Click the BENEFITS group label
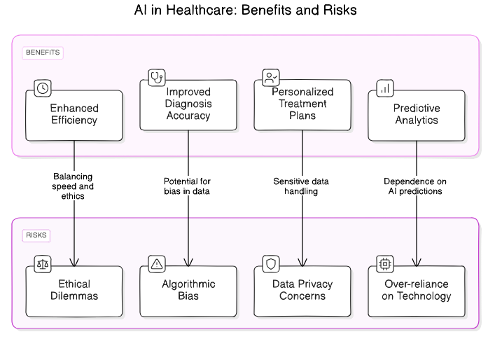(43, 53)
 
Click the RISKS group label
(36, 235)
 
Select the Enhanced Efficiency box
(74, 115)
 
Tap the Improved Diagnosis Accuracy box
(188, 104)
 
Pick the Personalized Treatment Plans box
(302, 104)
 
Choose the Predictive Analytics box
(416, 115)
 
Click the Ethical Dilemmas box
(74, 291)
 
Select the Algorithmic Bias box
(188, 291)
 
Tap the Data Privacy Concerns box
(302, 291)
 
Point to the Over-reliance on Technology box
(416, 291)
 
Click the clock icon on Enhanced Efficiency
(43, 88)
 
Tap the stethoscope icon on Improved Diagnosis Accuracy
(157, 77)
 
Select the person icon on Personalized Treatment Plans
(271, 77)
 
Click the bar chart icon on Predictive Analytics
(385, 88)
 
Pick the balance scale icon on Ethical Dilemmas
(43, 264)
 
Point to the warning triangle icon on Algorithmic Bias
(157, 264)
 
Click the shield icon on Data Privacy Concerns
(271, 264)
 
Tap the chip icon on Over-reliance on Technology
(385, 264)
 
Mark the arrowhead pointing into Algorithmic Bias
(188, 263)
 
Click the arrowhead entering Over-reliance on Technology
(417, 263)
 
